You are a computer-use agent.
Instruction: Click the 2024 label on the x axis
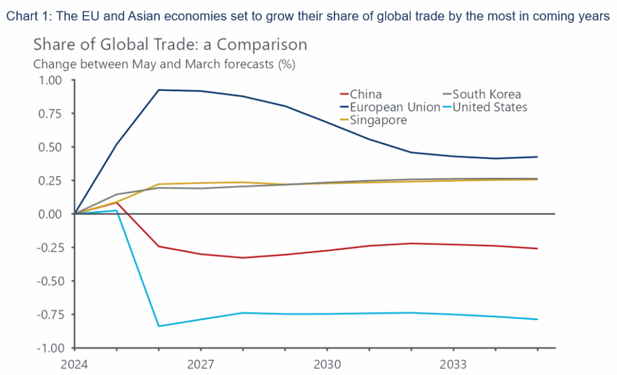pyautogui.click(x=74, y=364)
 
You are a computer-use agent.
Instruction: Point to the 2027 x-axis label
pyautogui.click(x=200, y=364)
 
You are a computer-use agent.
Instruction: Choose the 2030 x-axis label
pyautogui.click(x=327, y=364)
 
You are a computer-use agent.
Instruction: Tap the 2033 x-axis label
pyautogui.click(x=453, y=364)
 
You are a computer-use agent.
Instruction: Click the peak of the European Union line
pyautogui.click(x=158, y=90)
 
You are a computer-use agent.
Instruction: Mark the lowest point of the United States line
pyautogui.click(x=158, y=326)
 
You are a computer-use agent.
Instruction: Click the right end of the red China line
pyautogui.click(x=537, y=248)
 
